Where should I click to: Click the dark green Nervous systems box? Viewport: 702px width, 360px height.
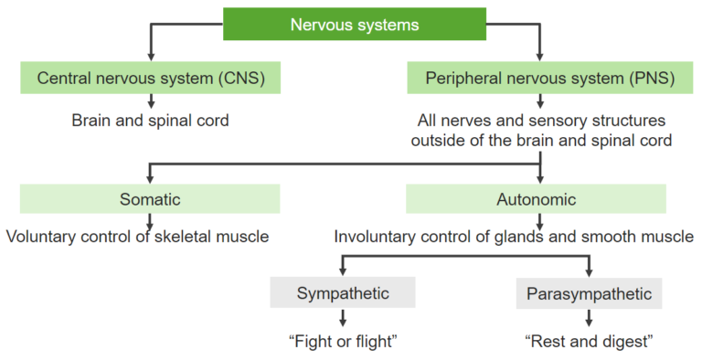[355, 25]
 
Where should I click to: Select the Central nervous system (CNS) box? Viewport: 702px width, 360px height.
[151, 78]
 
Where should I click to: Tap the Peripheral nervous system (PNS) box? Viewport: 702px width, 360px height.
[541, 78]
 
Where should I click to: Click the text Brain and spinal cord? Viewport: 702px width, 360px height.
[151, 121]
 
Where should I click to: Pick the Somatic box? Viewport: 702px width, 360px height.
[150, 198]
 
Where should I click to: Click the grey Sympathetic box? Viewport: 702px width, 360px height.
[343, 293]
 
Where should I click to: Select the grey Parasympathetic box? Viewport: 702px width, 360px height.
[589, 294]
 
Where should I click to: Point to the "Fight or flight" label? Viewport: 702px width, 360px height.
[344, 342]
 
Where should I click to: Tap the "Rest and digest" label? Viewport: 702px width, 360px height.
[589, 342]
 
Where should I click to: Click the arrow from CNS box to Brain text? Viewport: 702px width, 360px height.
[151, 101]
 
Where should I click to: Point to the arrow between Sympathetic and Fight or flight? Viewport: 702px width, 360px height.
[343, 318]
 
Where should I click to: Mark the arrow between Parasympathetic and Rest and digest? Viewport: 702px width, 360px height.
[589, 318]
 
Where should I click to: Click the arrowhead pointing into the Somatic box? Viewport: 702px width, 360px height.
[150, 178]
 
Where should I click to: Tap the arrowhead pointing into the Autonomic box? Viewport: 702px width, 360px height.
[541, 178]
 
